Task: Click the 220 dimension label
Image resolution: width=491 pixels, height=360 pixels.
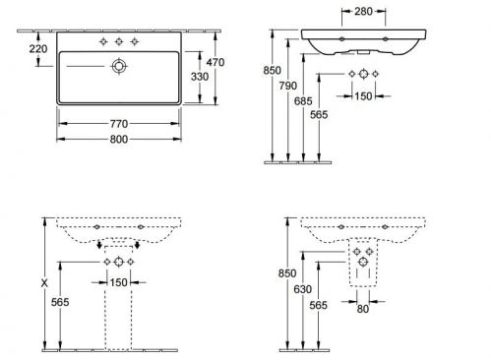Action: [38, 49]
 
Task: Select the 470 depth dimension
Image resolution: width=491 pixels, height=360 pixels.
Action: [215, 62]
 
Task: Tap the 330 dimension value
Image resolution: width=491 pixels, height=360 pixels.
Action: [200, 77]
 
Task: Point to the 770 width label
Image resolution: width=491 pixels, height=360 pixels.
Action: [119, 124]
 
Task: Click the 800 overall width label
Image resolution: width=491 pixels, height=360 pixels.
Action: [119, 140]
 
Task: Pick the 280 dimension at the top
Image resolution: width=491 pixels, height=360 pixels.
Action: [363, 12]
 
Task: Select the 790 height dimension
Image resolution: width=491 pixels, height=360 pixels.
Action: [288, 86]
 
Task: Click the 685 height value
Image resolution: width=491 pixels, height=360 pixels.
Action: [303, 101]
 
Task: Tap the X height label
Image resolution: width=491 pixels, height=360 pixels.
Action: [44, 283]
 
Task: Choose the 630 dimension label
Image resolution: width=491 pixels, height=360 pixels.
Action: [302, 289]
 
